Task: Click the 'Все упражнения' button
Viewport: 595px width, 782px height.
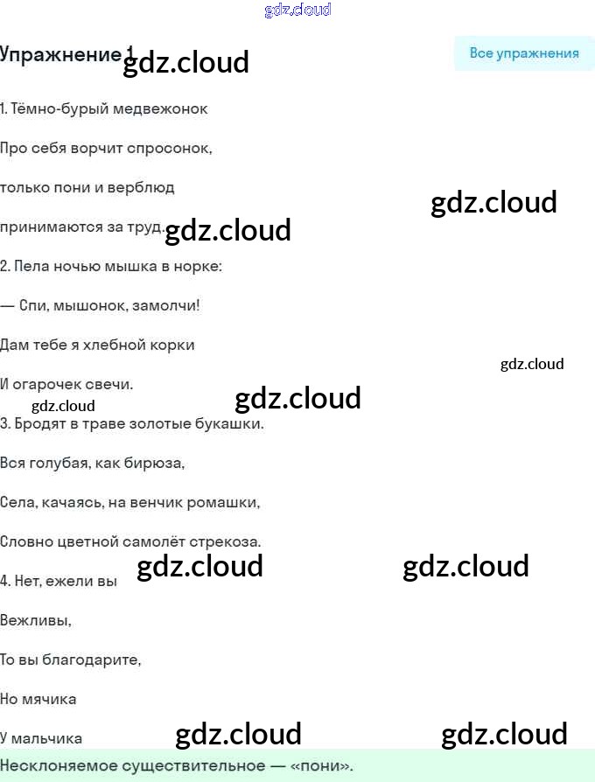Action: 523,52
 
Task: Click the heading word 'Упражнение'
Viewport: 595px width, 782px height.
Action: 60,54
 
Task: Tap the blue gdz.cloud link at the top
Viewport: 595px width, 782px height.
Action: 297,10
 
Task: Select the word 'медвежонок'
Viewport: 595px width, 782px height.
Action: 160,108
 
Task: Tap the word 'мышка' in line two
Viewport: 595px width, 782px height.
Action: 130,266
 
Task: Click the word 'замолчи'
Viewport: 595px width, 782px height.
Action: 165,305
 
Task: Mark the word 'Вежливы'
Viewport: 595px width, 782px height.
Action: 35,620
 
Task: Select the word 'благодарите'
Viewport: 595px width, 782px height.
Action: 91,660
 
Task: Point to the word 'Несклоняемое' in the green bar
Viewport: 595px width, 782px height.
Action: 54,765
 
